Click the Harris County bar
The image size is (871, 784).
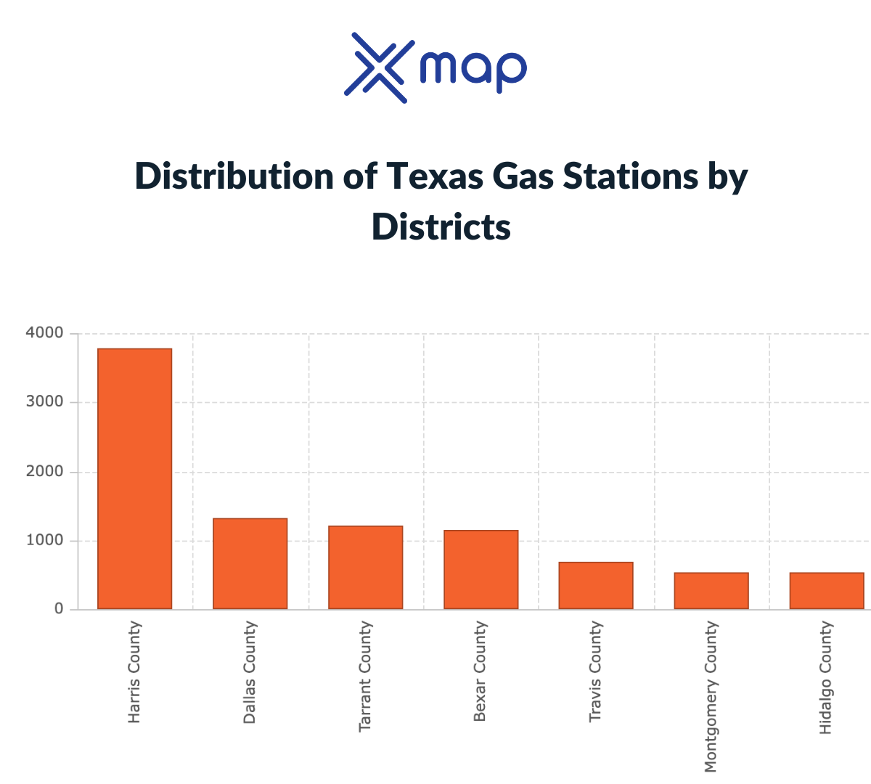(x=134, y=478)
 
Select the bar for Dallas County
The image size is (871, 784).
(x=250, y=563)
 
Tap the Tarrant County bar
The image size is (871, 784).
(x=365, y=567)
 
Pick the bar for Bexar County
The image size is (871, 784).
(x=481, y=569)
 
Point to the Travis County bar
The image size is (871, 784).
(x=596, y=585)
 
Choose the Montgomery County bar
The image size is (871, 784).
(x=711, y=590)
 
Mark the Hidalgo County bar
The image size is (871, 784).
(x=827, y=590)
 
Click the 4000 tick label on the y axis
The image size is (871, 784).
(x=44, y=333)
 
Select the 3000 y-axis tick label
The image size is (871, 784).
(x=44, y=402)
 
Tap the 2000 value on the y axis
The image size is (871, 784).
(x=44, y=472)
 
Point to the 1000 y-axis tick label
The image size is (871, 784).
(x=44, y=541)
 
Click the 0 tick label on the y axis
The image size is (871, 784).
(x=59, y=609)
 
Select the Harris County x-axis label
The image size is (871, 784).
(x=134, y=672)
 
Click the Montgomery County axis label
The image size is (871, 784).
(x=711, y=696)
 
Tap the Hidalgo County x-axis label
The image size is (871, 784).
(x=826, y=677)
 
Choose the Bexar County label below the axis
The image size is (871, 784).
(x=480, y=671)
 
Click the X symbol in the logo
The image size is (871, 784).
(x=375, y=68)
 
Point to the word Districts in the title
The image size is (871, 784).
(x=441, y=227)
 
